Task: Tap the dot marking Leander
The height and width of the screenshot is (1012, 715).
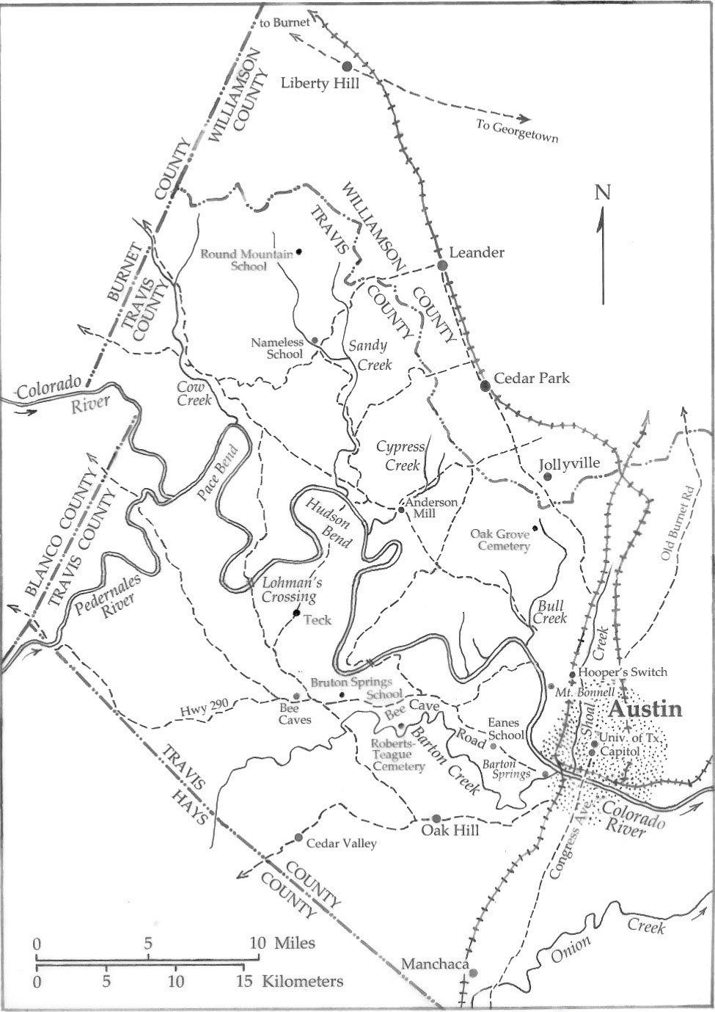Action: click(442, 265)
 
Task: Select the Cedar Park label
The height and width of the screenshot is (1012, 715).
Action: click(532, 379)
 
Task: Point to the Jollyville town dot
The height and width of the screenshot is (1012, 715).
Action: click(547, 477)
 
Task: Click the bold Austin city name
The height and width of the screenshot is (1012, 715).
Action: click(646, 710)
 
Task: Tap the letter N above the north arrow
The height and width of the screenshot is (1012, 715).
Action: click(602, 193)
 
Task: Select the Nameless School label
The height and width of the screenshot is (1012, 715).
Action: click(276, 348)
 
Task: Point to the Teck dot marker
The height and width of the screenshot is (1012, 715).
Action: click(296, 613)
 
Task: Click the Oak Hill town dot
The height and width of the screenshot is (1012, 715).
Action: click(436, 818)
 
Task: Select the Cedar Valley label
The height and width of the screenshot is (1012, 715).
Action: click(341, 844)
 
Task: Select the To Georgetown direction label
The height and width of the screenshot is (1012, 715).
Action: click(518, 132)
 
